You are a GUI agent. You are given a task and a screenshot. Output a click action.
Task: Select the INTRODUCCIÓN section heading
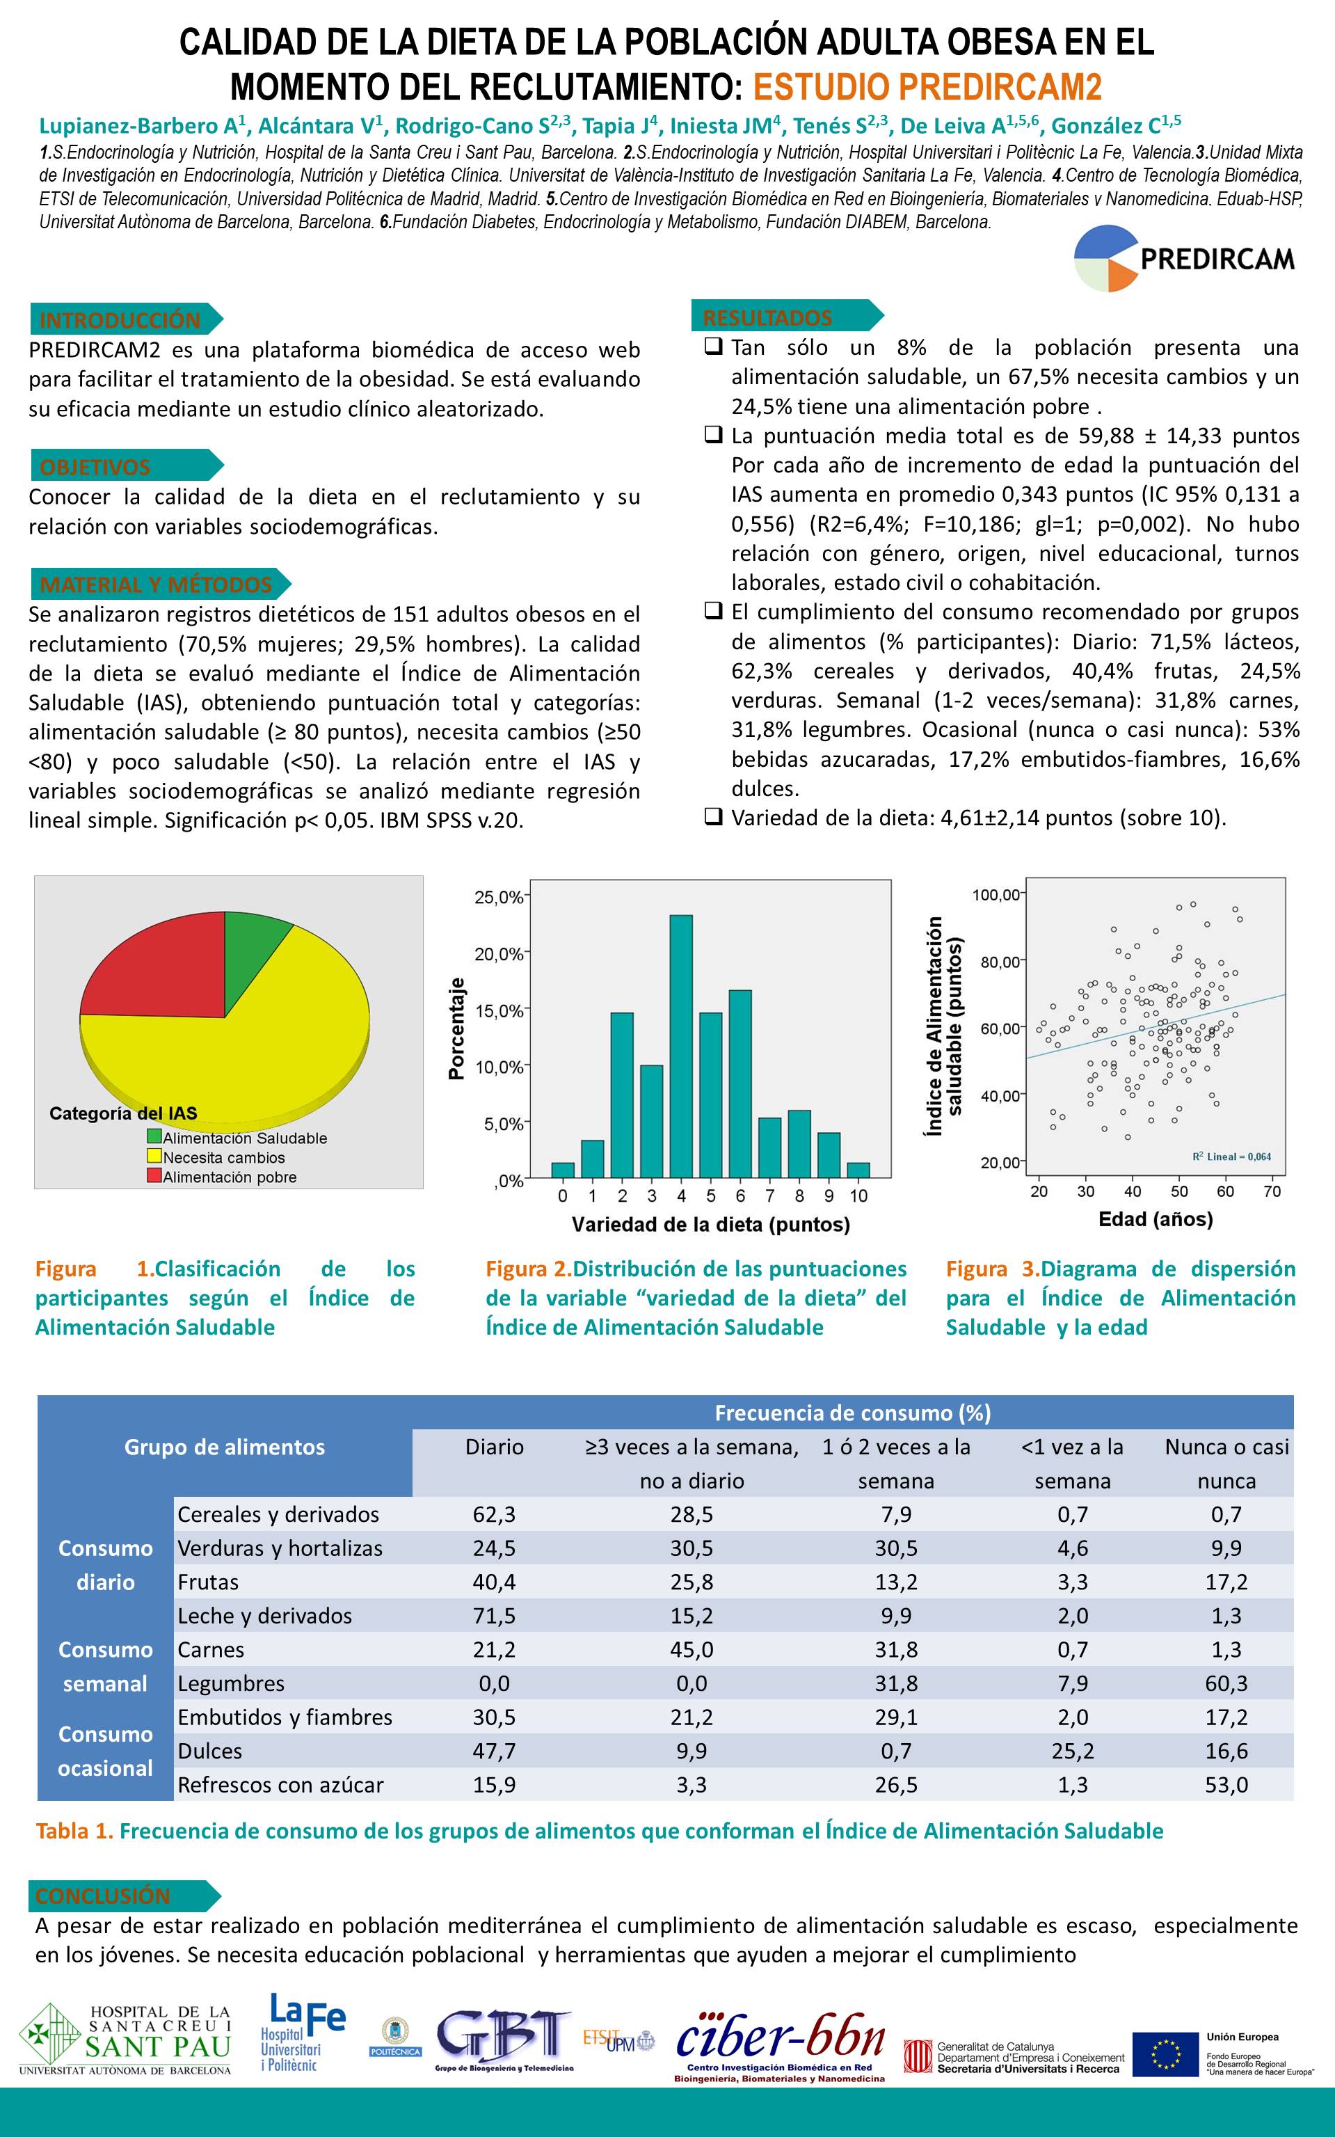[120, 319]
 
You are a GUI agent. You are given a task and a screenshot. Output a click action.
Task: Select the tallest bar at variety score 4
[681, 1047]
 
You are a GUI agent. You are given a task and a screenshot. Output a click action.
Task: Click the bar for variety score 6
[740, 1083]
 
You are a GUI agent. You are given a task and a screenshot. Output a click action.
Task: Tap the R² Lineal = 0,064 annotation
[1232, 1157]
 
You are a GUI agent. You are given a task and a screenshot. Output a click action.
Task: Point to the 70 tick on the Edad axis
[1272, 1192]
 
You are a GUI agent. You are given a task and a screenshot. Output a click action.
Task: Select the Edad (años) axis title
[1155, 1220]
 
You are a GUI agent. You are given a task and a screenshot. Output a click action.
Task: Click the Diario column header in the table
[495, 1447]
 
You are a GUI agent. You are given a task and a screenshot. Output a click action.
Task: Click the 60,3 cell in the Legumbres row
[1226, 1683]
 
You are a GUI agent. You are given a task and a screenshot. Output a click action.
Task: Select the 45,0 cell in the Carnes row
[692, 1650]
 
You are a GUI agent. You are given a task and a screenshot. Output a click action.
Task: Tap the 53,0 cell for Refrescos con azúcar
[1226, 1785]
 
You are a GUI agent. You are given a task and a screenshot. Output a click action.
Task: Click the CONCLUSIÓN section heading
[103, 1896]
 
